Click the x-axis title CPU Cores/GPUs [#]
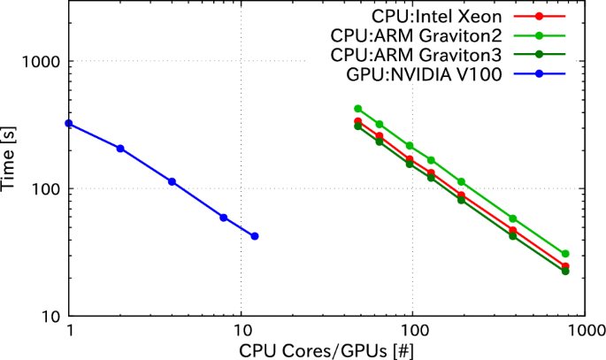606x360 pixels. point(326,349)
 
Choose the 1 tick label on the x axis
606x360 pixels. point(69,330)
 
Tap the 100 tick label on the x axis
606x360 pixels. point(410,330)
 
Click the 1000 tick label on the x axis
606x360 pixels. point(579,330)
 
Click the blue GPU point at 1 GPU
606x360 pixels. point(69,124)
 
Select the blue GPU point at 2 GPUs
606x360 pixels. point(120,149)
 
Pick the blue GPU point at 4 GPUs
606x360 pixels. point(172,181)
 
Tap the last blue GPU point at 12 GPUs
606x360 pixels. point(255,236)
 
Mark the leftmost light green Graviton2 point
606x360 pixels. point(358,109)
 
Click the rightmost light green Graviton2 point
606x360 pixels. point(565,254)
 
